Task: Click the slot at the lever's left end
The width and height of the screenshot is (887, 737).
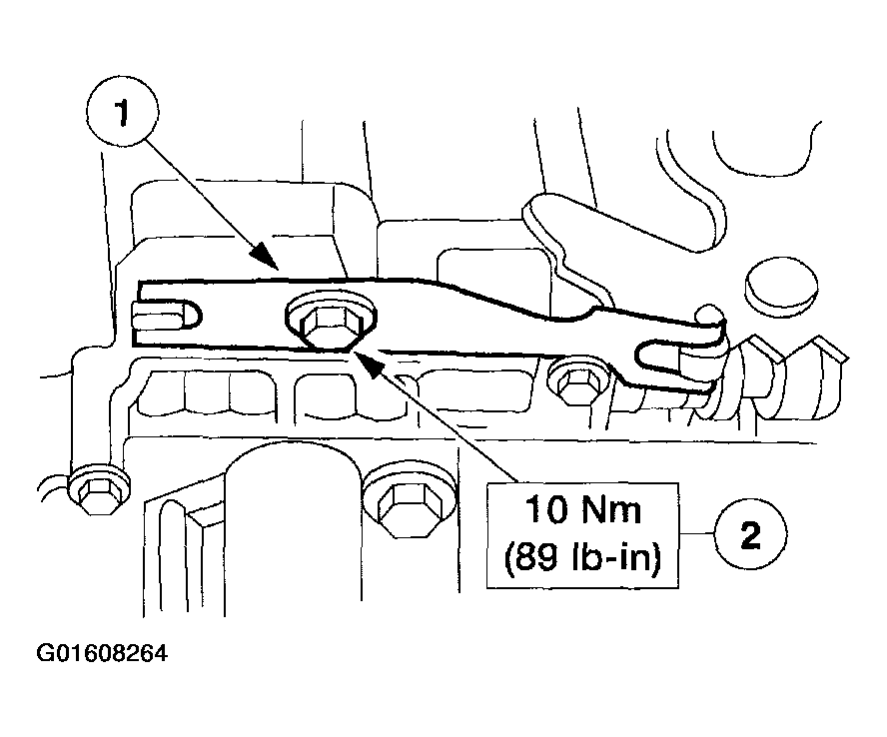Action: tap(167, 318)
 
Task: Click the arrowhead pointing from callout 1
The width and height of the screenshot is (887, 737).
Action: tap(268, 260)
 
